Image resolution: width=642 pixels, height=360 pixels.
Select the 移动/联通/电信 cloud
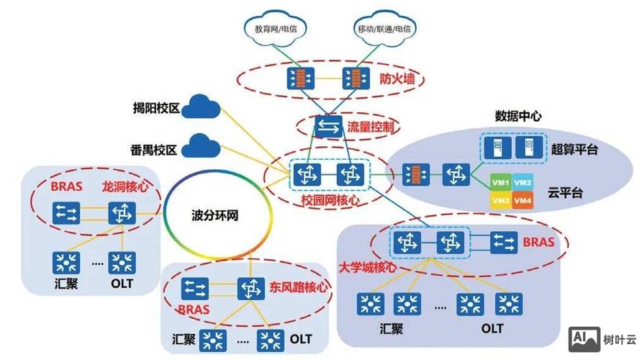tap(384, 30)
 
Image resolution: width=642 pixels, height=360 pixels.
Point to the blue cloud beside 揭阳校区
tap(201, 109)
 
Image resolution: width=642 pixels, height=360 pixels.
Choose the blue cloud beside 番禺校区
tap(201, 149)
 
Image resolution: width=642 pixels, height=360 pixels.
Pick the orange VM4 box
tap(524, 200)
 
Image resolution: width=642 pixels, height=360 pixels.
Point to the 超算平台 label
tap(576, 149)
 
